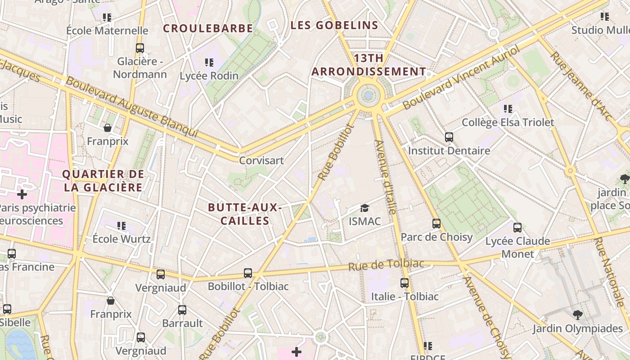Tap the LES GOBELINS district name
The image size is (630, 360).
334,25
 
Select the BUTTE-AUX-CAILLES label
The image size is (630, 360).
245,214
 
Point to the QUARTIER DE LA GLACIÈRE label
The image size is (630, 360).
103,181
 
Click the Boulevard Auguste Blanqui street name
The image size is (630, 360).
132,107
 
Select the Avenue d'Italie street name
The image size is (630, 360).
386,177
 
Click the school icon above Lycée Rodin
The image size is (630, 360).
209,62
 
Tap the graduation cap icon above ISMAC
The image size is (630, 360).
364,208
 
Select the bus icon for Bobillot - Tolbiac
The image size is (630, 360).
247,273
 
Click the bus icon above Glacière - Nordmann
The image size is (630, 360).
140,48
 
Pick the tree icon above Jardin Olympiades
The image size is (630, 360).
578,315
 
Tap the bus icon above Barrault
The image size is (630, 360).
182,310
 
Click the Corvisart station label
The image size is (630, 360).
261,160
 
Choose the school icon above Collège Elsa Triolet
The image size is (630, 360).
508,108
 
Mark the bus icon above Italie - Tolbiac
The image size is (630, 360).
405,283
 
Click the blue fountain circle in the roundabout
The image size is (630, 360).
369,95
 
